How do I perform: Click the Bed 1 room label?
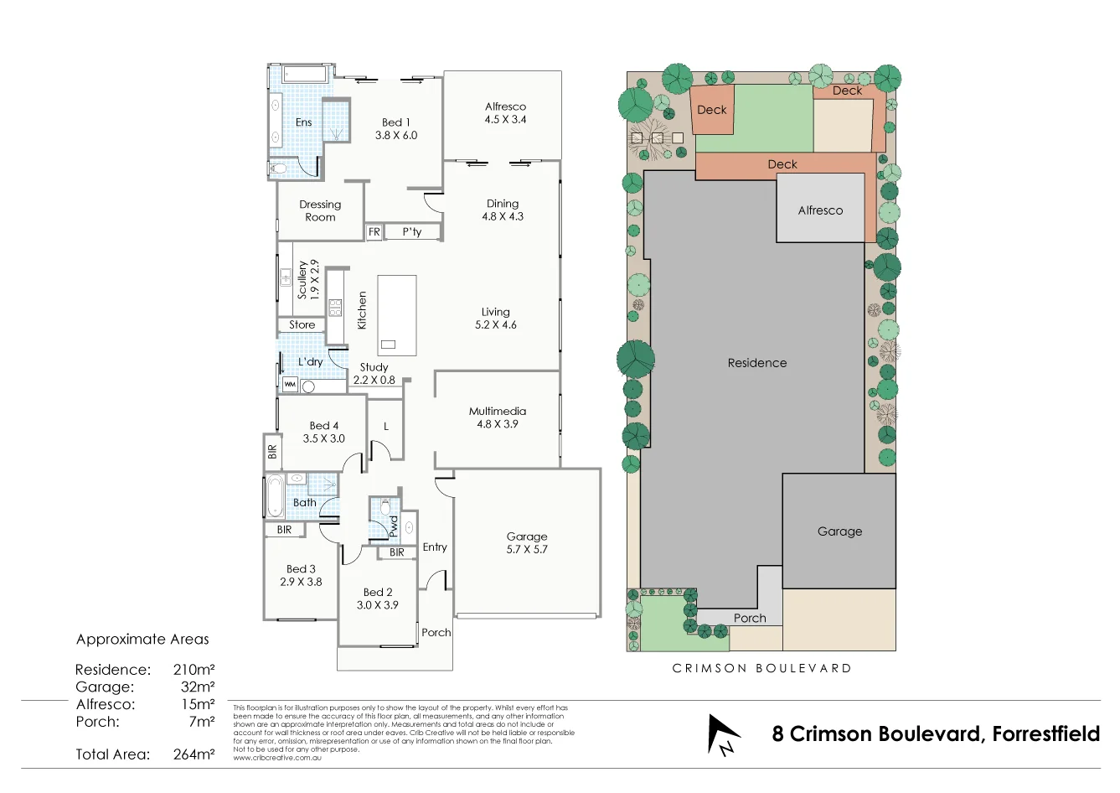tap(395, 122)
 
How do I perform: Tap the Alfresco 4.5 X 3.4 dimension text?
tap(505, 119)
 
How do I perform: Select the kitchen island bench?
tap(396, 315)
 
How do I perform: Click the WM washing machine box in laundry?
tap(290, 385)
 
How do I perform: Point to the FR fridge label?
tap(374, 232)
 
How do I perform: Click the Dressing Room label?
tap(320, 210)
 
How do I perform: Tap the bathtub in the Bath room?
tap(275, 496)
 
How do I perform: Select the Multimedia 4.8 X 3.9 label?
tap(498, 417)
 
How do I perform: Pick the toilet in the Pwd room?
tap(385, 507)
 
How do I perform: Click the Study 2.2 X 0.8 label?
tap(374, 374)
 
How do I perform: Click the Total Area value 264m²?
tap(194, 754)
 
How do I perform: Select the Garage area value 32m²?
tap(198, 687)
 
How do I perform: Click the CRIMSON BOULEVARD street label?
tap(761, 669)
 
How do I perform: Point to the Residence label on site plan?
tap(756, 363)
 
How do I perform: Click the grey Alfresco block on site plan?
tap(820, 210)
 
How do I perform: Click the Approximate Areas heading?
tap(142, 640)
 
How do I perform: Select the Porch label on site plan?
tap(750, 619)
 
